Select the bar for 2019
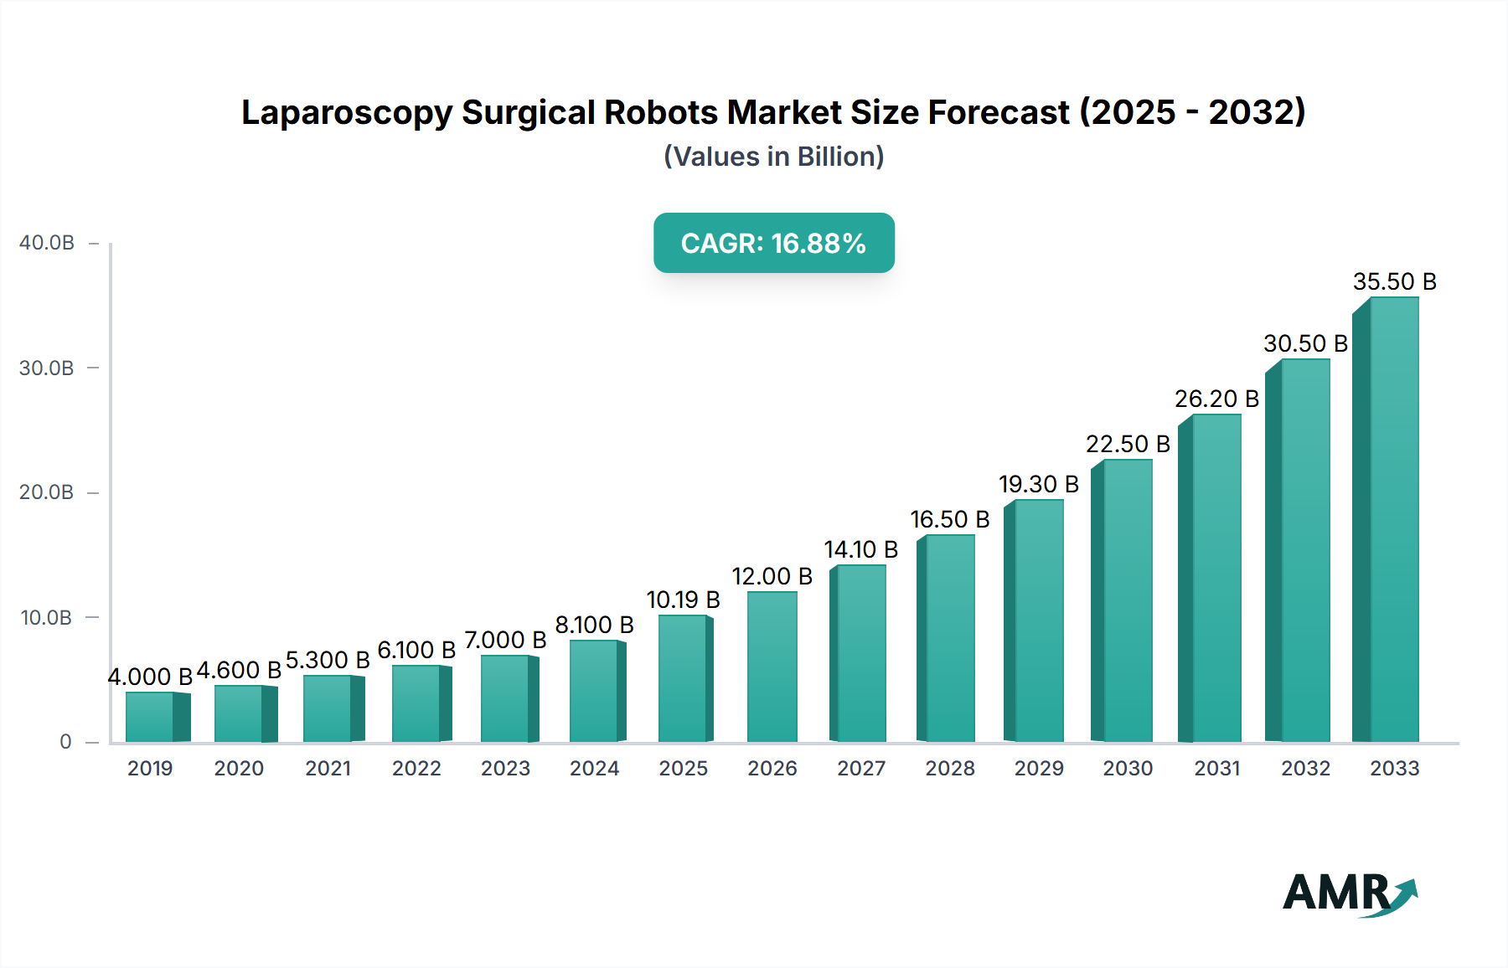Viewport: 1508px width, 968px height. point(151,717)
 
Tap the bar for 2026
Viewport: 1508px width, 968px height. point(772,667)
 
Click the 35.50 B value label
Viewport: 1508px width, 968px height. point(1394,282)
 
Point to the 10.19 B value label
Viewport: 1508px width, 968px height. point(683,600)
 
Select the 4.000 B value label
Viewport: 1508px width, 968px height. point(150,677)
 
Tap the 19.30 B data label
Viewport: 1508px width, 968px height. point(1038,485)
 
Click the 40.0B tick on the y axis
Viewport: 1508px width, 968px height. point(47,243)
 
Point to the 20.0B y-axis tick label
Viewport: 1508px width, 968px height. point(47,492)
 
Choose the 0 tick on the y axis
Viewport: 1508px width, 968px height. point(65,742)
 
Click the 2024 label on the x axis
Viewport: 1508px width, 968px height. point(594,769)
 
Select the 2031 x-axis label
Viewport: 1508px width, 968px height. point(1216,769)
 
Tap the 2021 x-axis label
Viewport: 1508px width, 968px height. point(328,769)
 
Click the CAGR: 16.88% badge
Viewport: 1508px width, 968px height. point(773,243)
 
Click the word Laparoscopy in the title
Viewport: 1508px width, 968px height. point(346,113)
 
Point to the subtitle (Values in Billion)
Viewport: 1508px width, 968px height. point(773,157)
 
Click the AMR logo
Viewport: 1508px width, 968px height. point(1349,893)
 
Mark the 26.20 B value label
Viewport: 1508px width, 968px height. point(1216,399)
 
